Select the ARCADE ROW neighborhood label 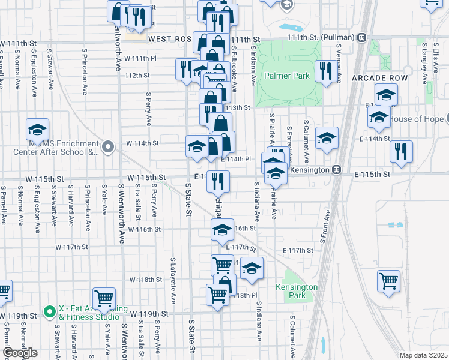click(x=379, y=79)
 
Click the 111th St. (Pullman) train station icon click(x=361, y=38)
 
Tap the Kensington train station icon click(x=337, y=170)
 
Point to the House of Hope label click(x=418, y=119)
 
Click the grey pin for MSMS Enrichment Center click(x=108, y=146)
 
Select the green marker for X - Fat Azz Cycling click(x=50, y=312)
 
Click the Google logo click(x=20, y=353)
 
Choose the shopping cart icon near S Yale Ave click(x=104, y=298)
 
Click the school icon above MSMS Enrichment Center click(x=37, y=129)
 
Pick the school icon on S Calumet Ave click(x=327, y=139)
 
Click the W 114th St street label click(x=142, y=143)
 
